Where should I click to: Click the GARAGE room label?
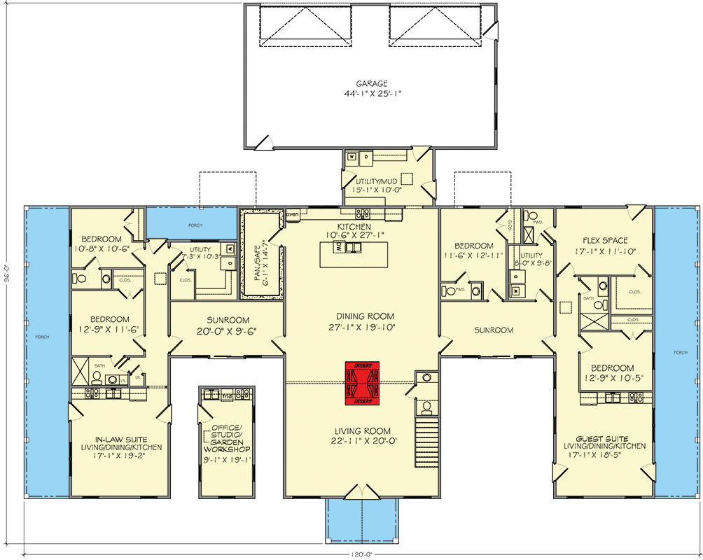370,83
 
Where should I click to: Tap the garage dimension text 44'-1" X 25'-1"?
370,93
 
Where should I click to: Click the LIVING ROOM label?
361,430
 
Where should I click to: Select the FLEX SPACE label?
604,241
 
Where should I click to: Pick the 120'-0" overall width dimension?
362,554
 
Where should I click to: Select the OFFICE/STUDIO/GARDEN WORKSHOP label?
226,439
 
